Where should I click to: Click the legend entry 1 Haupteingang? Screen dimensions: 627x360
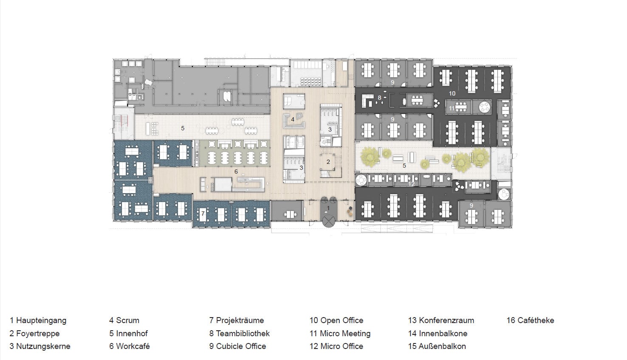tap(38, 320)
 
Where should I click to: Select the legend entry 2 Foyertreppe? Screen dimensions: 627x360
tap(34, 333)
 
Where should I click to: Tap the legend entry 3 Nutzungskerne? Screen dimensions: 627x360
tap(40, 346)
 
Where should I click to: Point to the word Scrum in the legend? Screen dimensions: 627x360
tap(127, 320)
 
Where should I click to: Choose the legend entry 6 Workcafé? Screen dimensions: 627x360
tap(130, 346)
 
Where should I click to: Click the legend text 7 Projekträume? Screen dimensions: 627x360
tap(237, 320)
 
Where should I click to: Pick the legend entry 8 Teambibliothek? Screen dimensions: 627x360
tap(240, 333)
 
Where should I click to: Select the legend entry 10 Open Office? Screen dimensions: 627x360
tap(336, 320)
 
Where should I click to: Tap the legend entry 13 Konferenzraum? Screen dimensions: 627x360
tap(441, 320)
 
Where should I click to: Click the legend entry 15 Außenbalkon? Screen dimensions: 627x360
tap(437, 346)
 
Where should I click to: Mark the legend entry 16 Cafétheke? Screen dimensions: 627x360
tap(531, 320)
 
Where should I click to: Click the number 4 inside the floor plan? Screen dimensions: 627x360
tap(293, 119)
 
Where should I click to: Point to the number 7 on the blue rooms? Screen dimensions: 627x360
tap(203, 214)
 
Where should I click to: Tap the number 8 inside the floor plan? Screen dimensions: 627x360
tap(380, 98)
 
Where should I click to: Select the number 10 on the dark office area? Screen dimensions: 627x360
tap(452, 93)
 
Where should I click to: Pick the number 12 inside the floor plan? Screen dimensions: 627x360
tap(411, 184)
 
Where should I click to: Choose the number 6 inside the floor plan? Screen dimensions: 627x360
tap(236, 172)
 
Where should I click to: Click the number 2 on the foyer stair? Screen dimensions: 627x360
tap(328, 162)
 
